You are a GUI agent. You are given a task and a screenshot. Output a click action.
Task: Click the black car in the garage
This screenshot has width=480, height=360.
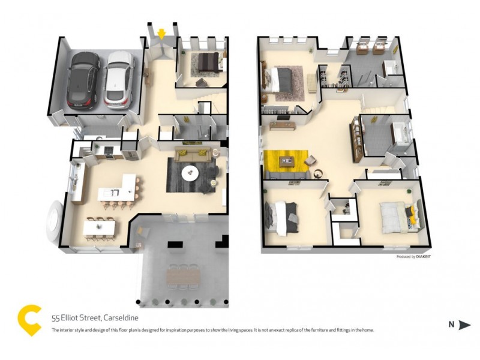click(83, 79)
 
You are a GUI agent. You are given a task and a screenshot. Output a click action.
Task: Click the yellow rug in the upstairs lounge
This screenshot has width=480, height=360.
click(286, 161)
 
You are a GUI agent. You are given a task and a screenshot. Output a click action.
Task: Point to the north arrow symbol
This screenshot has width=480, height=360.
click(464, 325)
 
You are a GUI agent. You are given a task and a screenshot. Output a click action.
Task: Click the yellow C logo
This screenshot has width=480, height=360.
click(30, 319)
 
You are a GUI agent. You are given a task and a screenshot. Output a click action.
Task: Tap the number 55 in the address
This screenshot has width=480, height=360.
click(56, 319)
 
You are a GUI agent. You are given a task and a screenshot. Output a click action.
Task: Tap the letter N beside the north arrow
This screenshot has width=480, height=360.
click(451, 325)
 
